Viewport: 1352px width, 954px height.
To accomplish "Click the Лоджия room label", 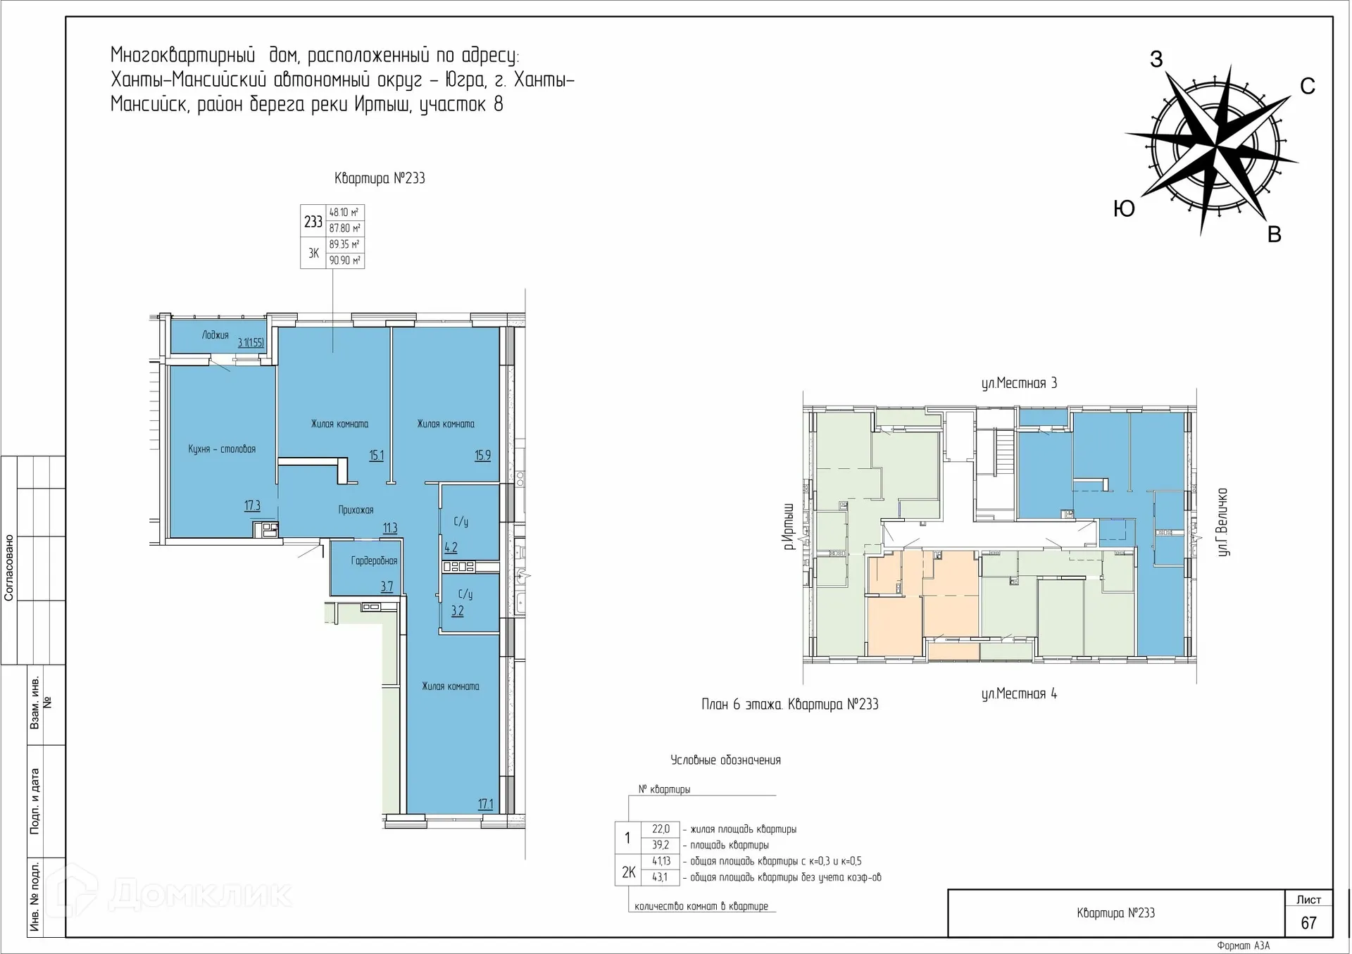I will [x=215, y=335].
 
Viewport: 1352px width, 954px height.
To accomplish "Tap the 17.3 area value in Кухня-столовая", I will [x=252, y=506].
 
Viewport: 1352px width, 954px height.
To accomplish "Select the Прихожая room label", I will [x=356, y=510].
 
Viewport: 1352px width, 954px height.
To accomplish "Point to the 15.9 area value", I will [x=482, y=456].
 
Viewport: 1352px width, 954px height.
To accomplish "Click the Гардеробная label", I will [x=374, y=560].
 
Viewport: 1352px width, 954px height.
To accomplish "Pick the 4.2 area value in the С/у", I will [x=451, y=547].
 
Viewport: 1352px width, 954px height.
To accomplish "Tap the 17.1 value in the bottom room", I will [x=485, y=803].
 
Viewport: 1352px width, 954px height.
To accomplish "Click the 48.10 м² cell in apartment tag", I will [x=344, y=212].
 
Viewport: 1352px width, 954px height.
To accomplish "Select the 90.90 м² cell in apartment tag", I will [x=344, y=261].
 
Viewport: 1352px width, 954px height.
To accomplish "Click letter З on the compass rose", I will [x=1156, y=59].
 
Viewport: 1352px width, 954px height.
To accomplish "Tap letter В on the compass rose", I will [x=1274, y=234].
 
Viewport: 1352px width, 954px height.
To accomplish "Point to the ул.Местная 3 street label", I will [x=1019, y=383].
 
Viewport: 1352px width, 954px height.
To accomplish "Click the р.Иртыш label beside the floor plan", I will [x=789, y=526].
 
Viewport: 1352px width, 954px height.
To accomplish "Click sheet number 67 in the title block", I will [x=1308, y=922].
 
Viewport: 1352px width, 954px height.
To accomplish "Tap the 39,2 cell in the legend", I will [x=661, y=845].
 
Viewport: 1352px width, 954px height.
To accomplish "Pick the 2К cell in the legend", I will [x=628, y=872].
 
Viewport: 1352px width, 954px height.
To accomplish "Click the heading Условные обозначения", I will [x=725, y=760].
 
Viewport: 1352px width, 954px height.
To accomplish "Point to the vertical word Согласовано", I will [x=9, y=567].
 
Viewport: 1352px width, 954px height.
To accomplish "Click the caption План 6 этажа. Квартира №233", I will [x=789, y=704].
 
